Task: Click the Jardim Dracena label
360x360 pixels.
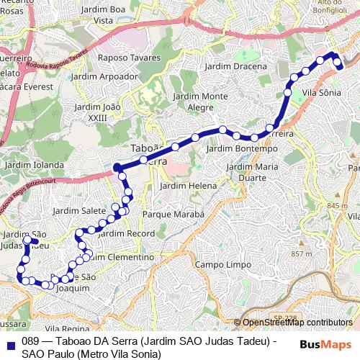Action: coord(235,66)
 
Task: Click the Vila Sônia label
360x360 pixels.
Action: coord(321,93)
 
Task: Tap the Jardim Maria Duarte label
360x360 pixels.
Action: coord(252,171)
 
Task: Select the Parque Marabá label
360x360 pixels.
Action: coord(174,215)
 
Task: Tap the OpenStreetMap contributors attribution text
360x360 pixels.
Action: coord(297,323)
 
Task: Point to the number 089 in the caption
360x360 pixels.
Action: coord(30,341)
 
